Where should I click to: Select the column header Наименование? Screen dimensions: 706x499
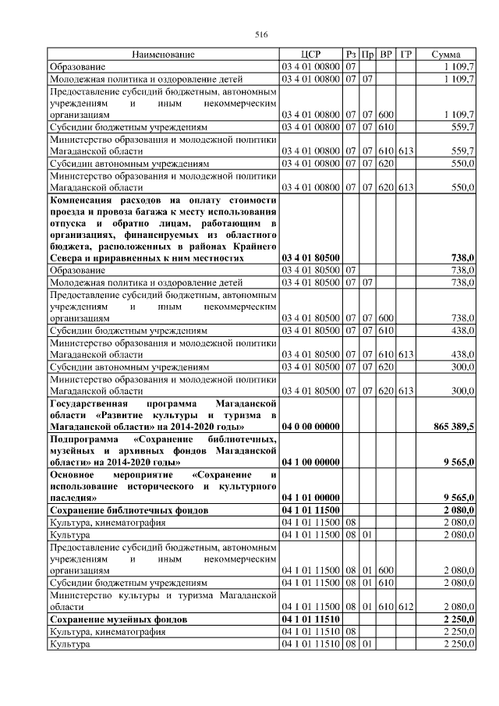tap(163, 55)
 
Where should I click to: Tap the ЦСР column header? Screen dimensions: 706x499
tap(310, 55)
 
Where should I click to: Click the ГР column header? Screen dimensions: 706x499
tap(405, 55)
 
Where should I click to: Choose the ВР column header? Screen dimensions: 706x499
tap(386, 55)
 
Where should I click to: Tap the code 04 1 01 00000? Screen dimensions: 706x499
tap(310, 497)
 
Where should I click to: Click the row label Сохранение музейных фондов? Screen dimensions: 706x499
tap(108, 619)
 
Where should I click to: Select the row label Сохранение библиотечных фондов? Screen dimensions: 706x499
tap(117, 509)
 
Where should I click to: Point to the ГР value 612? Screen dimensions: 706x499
tap(405, 606)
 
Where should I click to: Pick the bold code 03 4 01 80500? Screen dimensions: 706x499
tap(310, 257)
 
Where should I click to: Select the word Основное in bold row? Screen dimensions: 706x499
tap(73, 474)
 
